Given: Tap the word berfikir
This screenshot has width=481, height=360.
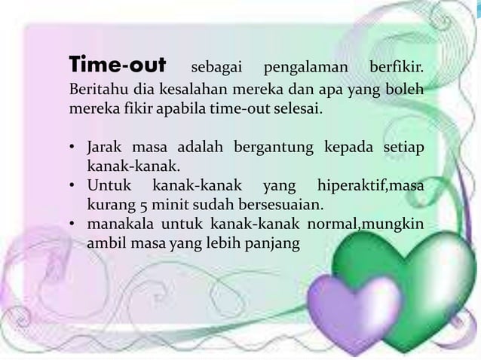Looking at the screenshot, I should pos(395,68).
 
